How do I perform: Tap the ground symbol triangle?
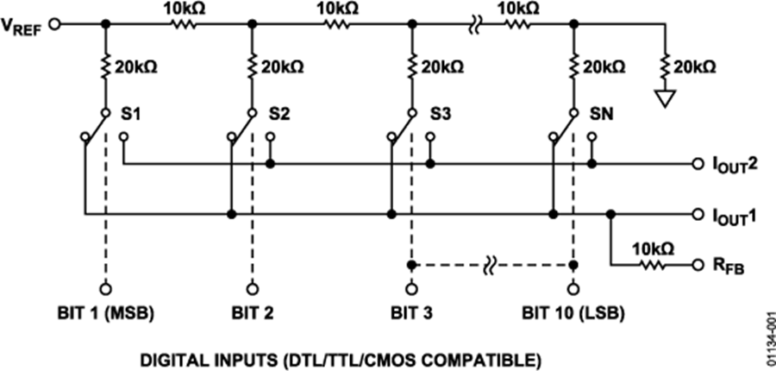[x=666, y=99]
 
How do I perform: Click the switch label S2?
[x=279, y=115]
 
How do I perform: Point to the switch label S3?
[x=440, y=115]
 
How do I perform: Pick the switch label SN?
[x=602, y=115]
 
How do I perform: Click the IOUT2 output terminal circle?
[x=698, y=163]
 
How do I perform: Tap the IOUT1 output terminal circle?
[x=698, y=215]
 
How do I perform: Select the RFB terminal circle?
[x=698, y=265]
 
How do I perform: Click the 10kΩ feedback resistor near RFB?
[x=654, y=265]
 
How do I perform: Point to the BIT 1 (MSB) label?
[x=105, y=313]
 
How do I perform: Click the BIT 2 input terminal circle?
[x=252, y=289]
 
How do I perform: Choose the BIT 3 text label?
[x=410, y=313]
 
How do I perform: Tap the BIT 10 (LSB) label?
[x=573, y=313]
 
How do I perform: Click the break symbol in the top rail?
[x=474, y=24]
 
